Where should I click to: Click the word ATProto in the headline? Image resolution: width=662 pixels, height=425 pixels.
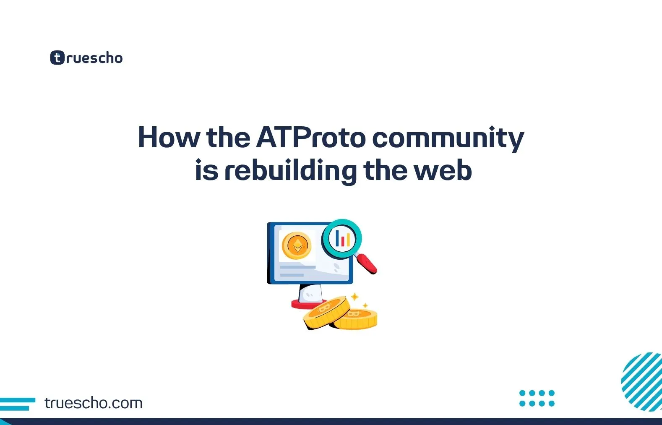point(311,138)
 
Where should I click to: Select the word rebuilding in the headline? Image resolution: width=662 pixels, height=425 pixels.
point(290,171)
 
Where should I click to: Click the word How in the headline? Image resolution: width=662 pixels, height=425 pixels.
point(169,138)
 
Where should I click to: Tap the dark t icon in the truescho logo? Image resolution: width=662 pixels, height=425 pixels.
point(57,57)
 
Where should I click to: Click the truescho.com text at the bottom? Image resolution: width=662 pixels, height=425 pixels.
point(93,403)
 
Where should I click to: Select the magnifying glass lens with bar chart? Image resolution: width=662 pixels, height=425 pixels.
point(342,239)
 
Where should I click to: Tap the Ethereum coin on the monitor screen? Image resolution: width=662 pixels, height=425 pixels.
point(297,245)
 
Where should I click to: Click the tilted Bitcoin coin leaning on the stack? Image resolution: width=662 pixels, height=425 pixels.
point(326,312)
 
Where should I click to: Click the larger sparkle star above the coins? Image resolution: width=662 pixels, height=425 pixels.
point(354,297)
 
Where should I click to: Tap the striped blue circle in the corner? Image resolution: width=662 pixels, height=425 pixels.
point(643,381)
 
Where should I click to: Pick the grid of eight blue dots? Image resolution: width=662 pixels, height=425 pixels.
point(537,398)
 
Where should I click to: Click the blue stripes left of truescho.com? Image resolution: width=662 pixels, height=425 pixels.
point(17,404)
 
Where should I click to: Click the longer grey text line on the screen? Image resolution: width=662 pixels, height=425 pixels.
point(297,267)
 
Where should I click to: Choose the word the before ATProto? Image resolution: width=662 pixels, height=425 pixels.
point(228,138)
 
